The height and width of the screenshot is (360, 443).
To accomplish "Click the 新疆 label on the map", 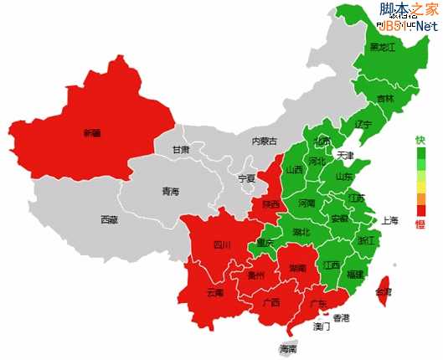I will [91, 132].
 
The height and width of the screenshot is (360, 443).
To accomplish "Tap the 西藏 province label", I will [109, 220].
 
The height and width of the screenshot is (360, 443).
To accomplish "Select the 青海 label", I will [170, 192].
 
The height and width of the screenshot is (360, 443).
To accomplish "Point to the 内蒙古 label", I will [264, 141].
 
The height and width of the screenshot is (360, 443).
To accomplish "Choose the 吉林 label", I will [385, 99].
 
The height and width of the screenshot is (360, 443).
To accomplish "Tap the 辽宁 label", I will [363, 124].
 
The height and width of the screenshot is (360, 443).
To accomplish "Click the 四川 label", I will [222, 245].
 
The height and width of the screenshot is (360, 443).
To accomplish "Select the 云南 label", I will [214, 293].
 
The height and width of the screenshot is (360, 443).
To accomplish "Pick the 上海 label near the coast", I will [390, 222].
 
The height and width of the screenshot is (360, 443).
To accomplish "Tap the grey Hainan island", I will [288, 346].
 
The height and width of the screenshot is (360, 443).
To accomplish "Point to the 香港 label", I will [341, 318].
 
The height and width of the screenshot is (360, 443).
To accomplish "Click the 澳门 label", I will [322, 327].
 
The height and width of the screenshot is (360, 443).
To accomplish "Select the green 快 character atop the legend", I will [420, 141].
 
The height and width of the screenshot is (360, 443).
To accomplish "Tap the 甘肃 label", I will [181, 150].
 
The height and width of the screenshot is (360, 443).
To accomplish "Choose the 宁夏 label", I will [246, 178].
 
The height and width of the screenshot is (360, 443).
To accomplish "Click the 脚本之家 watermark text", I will [408, 9].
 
